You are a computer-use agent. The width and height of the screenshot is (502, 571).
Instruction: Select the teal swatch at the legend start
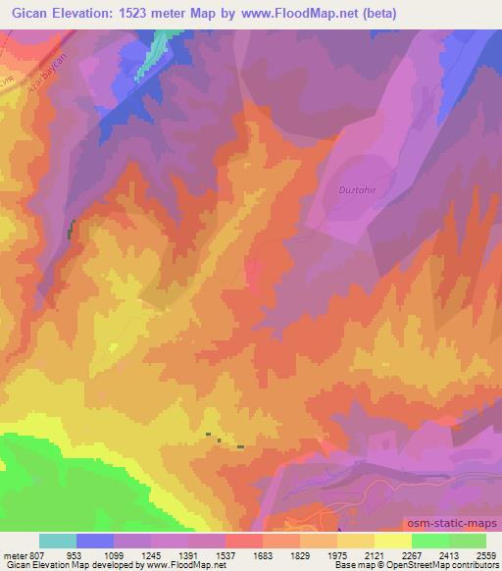click(x=58, y=541)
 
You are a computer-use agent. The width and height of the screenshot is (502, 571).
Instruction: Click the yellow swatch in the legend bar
click(x=392, y=541)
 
